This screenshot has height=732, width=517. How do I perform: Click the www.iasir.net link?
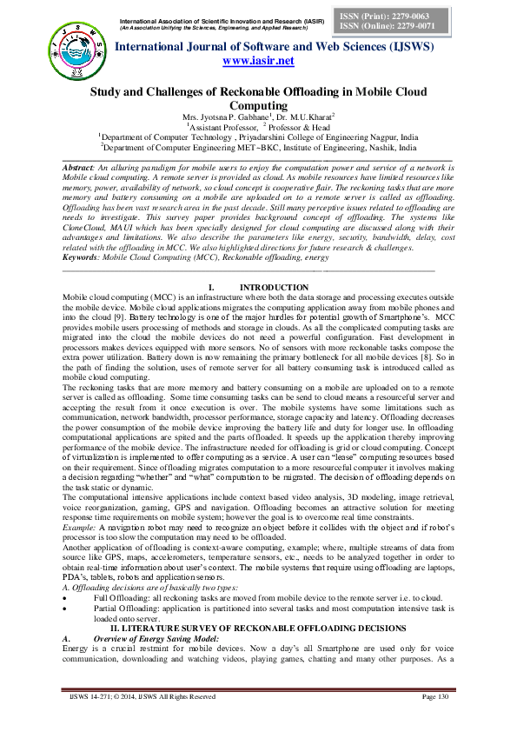click(258, 61)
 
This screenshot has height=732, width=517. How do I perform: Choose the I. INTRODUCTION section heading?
click(258, 287)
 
